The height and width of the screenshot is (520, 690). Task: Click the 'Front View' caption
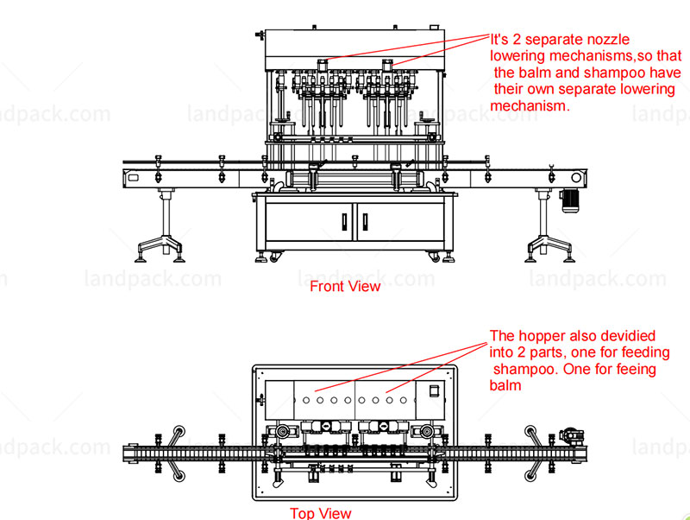click(x=345, y=286)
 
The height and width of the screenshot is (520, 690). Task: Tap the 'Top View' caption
click(x=320, y=513)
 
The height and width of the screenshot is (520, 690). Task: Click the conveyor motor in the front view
click(x=570, y=197)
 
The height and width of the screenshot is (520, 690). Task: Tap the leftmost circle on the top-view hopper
click(x=306, y=400)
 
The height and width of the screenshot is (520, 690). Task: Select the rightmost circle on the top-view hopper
click(x=404, y=400)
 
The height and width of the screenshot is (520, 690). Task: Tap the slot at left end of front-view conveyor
click(x=133, y=178)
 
